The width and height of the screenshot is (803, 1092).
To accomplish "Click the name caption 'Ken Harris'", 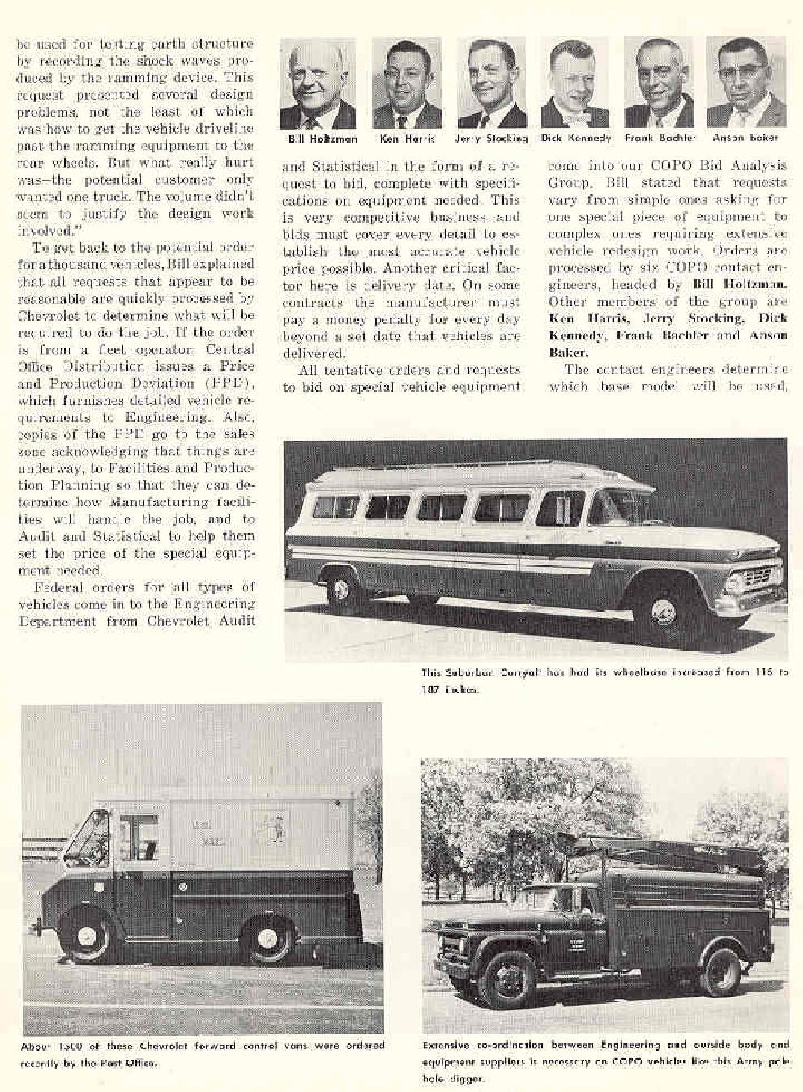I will (x=407, y=139).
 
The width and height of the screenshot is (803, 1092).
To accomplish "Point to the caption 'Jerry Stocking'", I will (x=491, y=139).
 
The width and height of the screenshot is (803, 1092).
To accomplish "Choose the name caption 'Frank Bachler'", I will (x=660, y=139).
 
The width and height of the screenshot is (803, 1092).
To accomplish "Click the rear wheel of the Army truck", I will (x=720, y=971).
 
